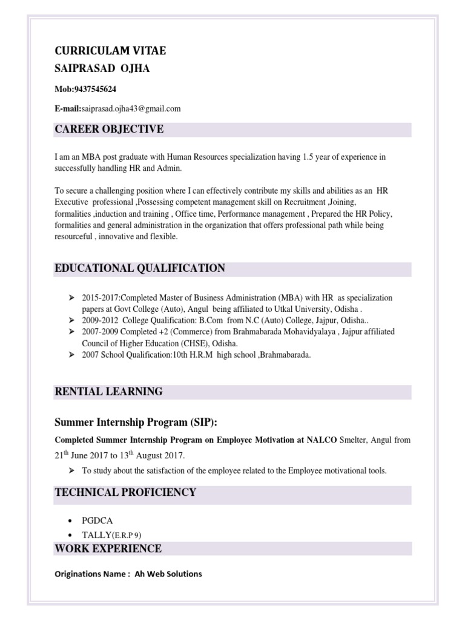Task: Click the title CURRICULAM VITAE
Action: pyautogui.click(x=110, y=51)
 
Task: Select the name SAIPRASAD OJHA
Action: pyautogui.click(x=102, y=68)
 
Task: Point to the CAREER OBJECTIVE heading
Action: pyautogui.click(x=109, y=129)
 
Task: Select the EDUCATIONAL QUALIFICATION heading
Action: pyautogui.click(x=140, y=268)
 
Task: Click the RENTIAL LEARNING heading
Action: pyautogui.click(x=108, y=392)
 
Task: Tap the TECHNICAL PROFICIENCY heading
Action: pyautogui.click(x=125, y=492)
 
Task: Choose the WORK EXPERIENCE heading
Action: pyautogui.click(x=108, y=549)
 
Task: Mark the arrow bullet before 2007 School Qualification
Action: pyautogui.click(x=71, y=355)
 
